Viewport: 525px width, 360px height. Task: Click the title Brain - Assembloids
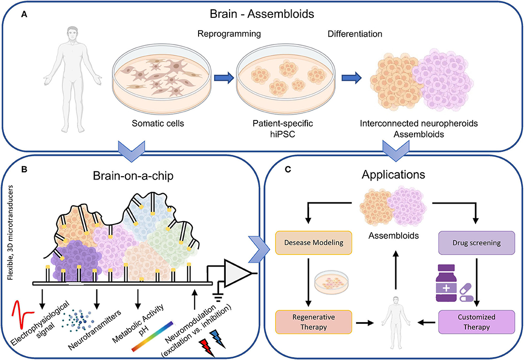coord(262,14)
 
